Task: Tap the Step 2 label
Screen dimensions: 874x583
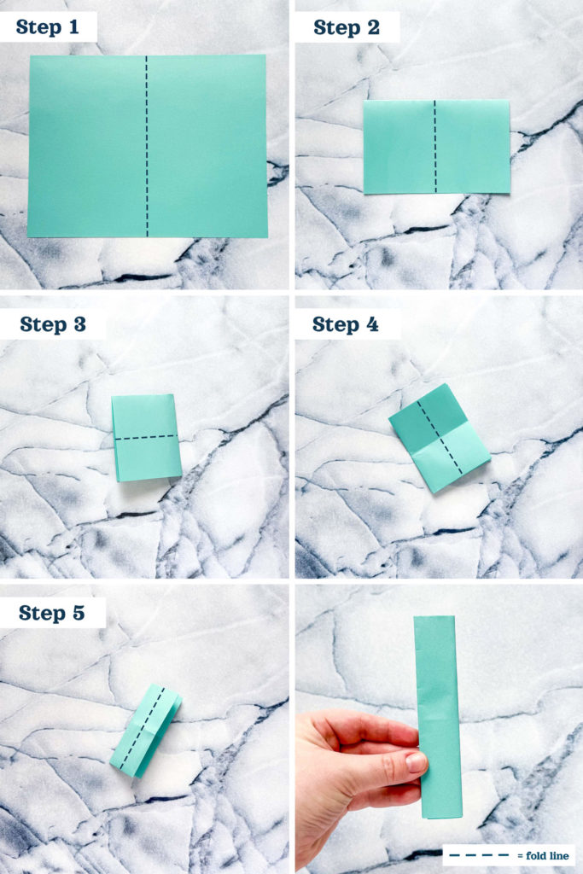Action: pyautogui.click(x=347, y=27)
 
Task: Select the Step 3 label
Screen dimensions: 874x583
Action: pyautogui.click(x=53, y=324)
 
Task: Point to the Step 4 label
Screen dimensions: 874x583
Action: pyautogui.click(x=346, y=324)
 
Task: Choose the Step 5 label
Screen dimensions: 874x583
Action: pyautogui.click(x=52, y=613)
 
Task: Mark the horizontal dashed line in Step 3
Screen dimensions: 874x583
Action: pyautogui.click(x=146, y=438)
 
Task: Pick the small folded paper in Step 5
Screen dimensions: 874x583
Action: pyautogui.click(x=145, y=731)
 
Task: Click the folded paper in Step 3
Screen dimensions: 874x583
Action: pyautogui.click(x=146, y=438)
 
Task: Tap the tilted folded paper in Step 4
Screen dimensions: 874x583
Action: pyautogui.click(x=439, y=437)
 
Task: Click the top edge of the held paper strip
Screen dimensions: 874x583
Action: pyautogui.click(x=436, y=618)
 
